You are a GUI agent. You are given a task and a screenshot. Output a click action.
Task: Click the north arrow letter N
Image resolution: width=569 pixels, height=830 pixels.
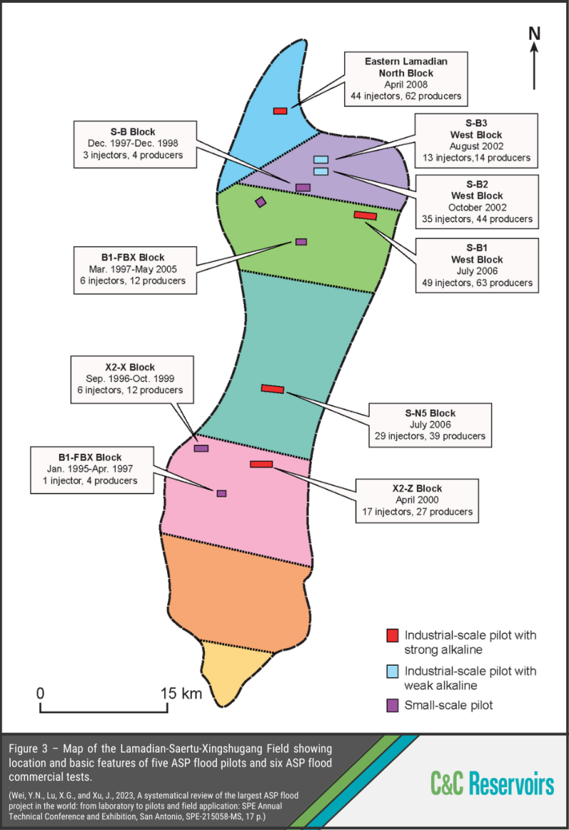pyautogui.click(x=535, y=33)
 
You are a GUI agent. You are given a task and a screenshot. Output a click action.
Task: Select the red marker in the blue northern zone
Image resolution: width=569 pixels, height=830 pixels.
pyautogui.click(x=280, y=111)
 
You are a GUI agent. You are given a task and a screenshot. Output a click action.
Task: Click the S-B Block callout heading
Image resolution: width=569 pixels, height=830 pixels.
pyautogui.click(x=133, y=132)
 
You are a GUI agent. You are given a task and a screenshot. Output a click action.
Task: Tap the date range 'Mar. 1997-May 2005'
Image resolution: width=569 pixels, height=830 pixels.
pyautogui.click(x=133, y=269)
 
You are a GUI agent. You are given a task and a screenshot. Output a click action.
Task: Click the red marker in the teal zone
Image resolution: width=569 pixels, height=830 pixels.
pyautogui.click(x=272, y=388)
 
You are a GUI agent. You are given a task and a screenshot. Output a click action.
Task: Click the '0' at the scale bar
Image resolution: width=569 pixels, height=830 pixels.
pyautogui.click(x=41, y=692)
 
